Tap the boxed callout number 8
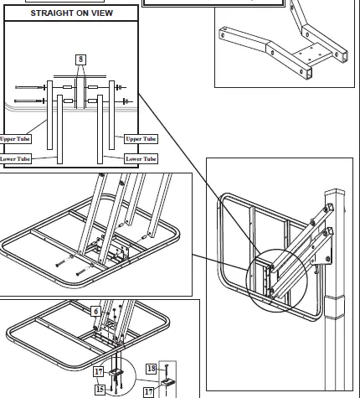80,59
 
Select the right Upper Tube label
141,138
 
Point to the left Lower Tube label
16,158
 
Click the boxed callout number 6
96,310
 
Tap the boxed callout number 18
152,368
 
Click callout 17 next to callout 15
98,372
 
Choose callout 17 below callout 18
148,390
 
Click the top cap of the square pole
336,192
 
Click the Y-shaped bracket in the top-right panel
285,42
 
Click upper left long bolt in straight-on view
31,86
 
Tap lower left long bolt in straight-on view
31,101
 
